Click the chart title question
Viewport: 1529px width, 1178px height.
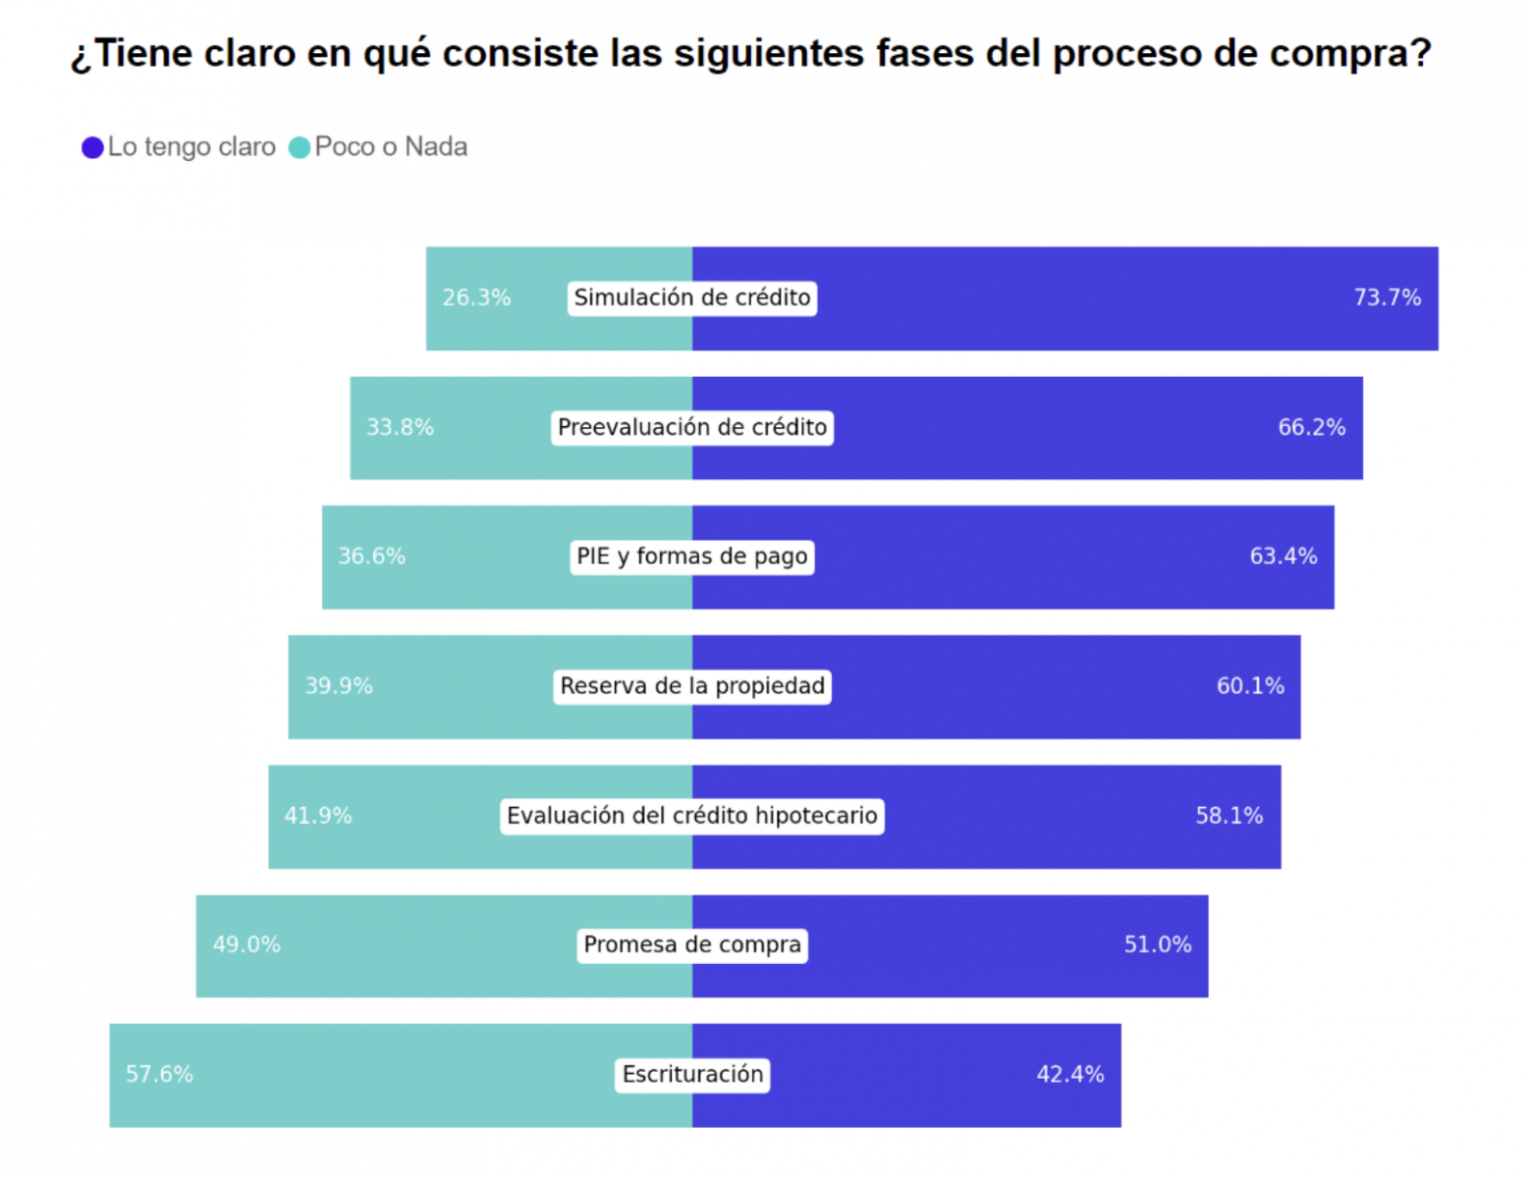click(x=751, y=53)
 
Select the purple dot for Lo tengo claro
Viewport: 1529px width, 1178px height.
click(x=92, y=147)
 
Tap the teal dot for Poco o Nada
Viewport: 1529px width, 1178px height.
click(x=300, y=147)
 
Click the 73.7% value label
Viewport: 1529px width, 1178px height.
click(x=1387, y=297)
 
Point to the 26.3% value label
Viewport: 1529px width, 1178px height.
click(x=476, y=297)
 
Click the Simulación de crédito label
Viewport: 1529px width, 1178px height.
click(x=692, y=297)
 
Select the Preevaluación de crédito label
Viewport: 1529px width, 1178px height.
click(x=692, y=427)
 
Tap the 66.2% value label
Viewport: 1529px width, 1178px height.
click(x=1311, y=427)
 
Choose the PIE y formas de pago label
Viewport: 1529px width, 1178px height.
click(x=692, y=557)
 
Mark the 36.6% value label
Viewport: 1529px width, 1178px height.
click(x=371, y=557)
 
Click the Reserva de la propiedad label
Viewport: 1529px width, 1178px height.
click(x=692, y=686)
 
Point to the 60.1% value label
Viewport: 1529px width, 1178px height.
click(x=1250, y=686)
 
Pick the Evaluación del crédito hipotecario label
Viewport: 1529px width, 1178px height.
click(x=692, y=816)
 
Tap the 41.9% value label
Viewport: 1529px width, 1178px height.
click(x=318, y=816)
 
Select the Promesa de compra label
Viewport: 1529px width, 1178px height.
click(x=692, y=945)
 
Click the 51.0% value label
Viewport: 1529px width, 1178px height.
click(x=1158, y=945)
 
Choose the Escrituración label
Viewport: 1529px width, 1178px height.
click(x=692, y=1075)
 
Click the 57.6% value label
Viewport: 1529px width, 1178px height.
click(x=159, y=1075)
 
